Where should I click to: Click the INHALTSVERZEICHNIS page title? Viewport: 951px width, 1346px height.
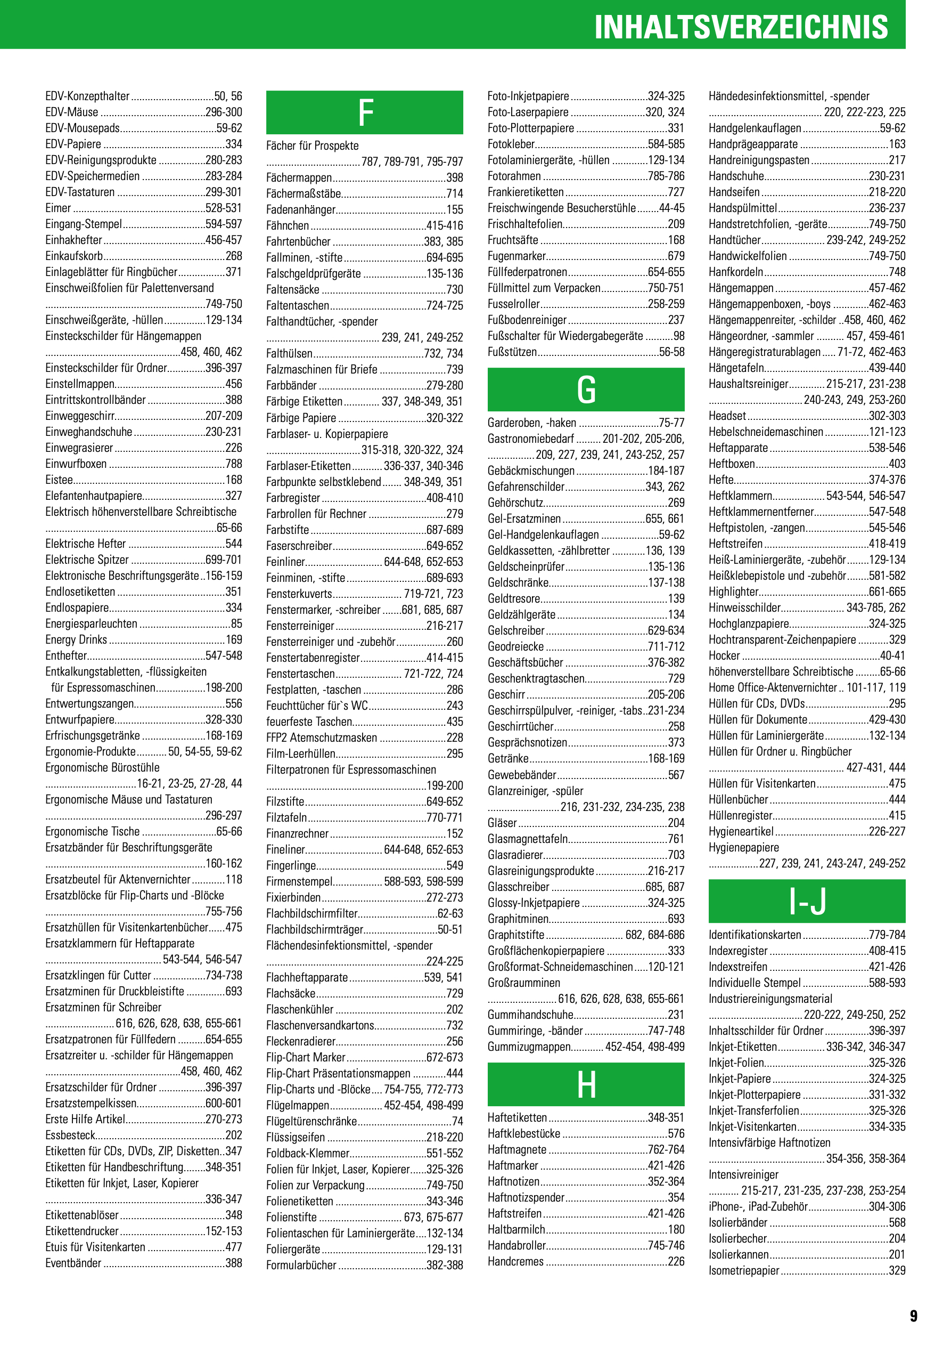(x=741, y=27)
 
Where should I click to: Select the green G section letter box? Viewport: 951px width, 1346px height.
(x=586, y=390)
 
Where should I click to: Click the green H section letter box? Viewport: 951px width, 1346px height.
(x=586, y=1084)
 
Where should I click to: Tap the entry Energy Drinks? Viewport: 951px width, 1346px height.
(x=76, y=639)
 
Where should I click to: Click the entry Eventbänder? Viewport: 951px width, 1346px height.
(x=73, y=1263)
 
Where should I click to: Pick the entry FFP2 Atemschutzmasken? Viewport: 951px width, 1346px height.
(x=322, y=737)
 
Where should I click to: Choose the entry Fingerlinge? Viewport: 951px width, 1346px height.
(x=291, y=865)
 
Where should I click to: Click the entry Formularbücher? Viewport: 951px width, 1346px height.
(x=301, y=1265)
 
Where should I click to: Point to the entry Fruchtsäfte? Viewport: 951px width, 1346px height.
(x=513, y=240)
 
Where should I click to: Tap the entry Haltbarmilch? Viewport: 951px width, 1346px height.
(x=516, y=1229)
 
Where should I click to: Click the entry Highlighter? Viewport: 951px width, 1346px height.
(x=734, y=591)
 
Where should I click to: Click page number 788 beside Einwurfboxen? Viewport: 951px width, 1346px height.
(x=234, y=464)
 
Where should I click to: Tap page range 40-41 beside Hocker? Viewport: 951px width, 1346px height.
(x=892, y=655)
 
